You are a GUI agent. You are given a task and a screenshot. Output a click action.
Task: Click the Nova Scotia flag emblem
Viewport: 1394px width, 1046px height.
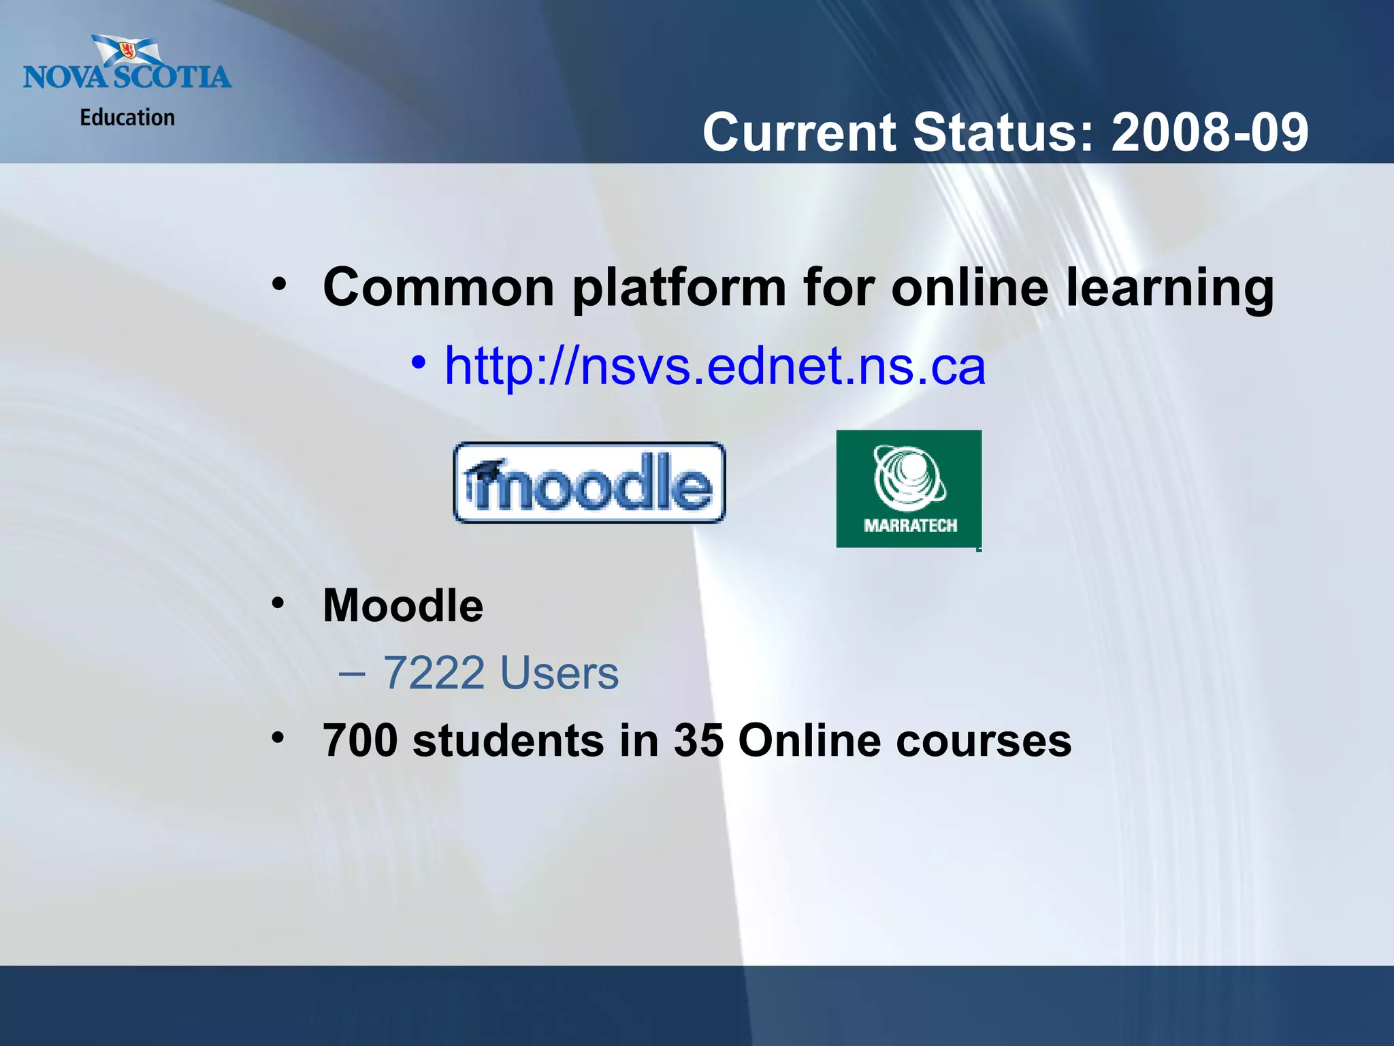[x=127, y=51]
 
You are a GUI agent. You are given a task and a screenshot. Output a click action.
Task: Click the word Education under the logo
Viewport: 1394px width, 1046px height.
[x=127, y=118]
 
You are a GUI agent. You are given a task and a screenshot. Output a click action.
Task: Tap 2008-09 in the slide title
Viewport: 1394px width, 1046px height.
[x=1210, y=132]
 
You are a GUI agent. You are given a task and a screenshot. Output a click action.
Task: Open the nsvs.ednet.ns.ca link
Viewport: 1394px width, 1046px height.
[x=715, y=366]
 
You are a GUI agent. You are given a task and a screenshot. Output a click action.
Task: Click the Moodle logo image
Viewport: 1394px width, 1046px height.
[x=589, y=483]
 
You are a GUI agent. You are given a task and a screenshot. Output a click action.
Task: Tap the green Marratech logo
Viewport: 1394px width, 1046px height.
[x=909, y=488]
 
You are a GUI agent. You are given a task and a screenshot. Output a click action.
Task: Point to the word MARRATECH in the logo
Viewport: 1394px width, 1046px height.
[x=910, y=525]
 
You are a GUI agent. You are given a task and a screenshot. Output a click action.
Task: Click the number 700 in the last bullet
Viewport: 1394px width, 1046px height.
[x=360, y=740]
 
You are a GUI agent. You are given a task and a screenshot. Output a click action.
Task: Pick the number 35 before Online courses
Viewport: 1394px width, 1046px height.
[x=698, y=740]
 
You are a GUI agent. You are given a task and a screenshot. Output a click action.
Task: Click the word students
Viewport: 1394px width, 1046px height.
[x=508, y=740]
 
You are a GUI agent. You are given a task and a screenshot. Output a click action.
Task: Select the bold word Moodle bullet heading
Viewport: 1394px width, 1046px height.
[x=403, y=605]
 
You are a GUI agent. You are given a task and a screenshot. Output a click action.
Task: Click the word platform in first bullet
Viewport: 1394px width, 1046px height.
[x=679, y=288]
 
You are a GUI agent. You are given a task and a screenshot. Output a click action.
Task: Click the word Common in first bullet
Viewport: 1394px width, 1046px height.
[x=439, y=288]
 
